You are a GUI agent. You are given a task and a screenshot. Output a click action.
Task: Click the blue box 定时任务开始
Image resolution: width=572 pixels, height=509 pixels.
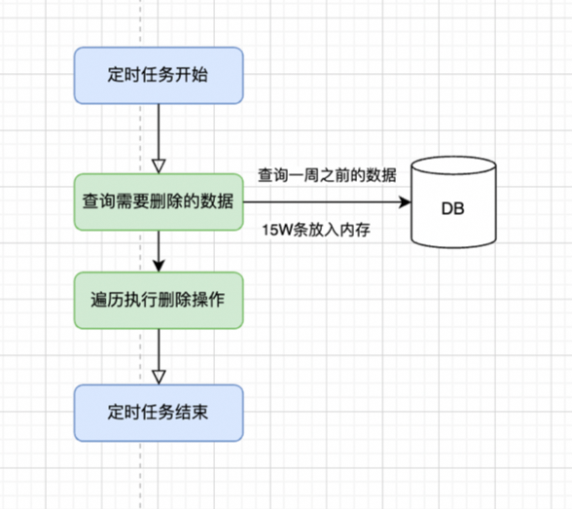(158, 75)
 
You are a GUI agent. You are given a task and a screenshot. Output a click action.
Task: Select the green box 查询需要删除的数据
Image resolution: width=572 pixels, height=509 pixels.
(158, 201)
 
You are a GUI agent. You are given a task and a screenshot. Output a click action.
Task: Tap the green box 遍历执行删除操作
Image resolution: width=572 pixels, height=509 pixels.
(158, 299)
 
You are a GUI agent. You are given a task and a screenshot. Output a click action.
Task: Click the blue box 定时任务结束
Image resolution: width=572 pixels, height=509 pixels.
(158, 413)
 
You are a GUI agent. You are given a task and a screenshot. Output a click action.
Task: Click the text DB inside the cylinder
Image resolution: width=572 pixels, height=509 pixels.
(452, 208)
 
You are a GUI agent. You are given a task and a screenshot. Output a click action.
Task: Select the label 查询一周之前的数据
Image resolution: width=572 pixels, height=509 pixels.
(327, 175)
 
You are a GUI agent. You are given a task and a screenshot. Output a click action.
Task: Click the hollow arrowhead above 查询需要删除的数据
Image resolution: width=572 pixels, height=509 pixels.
(159, 164)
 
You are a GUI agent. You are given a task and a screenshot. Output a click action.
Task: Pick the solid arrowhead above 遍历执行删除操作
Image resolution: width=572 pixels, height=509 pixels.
(159, 264)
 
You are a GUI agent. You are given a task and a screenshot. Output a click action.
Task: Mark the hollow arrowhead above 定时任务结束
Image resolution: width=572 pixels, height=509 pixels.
(159, 376)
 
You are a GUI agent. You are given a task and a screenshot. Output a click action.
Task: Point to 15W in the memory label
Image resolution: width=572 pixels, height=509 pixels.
(275, 231)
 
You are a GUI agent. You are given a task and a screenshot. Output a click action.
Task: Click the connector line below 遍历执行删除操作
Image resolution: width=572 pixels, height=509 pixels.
(159, 345)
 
